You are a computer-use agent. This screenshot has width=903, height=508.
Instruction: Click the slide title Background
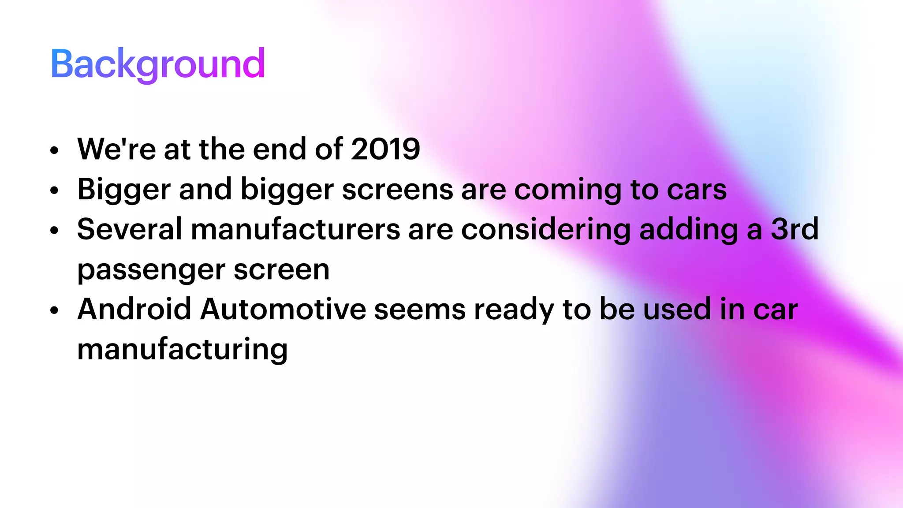click(x=157, y=64)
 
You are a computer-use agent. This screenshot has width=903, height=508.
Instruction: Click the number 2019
click(x=385, y=149)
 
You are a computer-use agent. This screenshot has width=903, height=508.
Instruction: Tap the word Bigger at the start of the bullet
click(x=123, y=190)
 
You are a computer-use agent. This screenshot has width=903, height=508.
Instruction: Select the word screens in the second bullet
click(x=397, y=190)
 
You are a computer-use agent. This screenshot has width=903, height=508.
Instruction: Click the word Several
click(x=129, y=229)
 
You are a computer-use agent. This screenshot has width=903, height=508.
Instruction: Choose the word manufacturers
click(x=295, y=229)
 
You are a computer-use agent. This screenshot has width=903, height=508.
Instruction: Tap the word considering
click(x=546, y=229)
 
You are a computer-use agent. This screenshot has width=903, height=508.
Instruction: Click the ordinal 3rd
click(x=795, y=229)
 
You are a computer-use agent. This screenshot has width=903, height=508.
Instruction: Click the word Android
click(x=134, y=309)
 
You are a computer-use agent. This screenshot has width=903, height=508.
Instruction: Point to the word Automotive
click(x=283, y=309)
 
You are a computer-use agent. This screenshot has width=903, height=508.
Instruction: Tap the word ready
click(x=514, y=309)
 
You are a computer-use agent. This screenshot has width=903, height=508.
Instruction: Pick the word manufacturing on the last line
click(x=183, y=349)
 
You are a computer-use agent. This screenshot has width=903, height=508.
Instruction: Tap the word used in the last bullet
click(x=677, y=309)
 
